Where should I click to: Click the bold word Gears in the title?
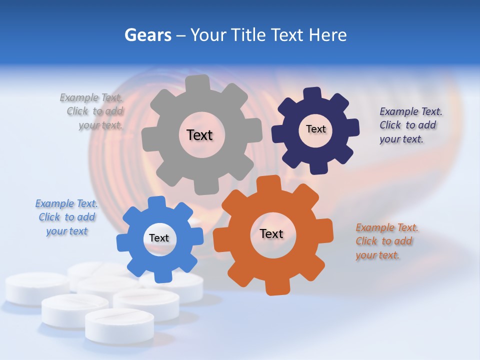(148, 35)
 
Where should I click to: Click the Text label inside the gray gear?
(199, 135)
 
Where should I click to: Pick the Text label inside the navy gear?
(315, 129)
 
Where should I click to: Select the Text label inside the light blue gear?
(159, 238)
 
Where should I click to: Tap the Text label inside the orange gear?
(271, 233)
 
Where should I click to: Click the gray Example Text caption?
(92, 111)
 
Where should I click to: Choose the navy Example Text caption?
(410, 125)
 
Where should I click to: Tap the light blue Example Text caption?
(66, 217)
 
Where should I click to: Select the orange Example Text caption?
(386, 241)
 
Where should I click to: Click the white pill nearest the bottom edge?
(119, 325)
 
